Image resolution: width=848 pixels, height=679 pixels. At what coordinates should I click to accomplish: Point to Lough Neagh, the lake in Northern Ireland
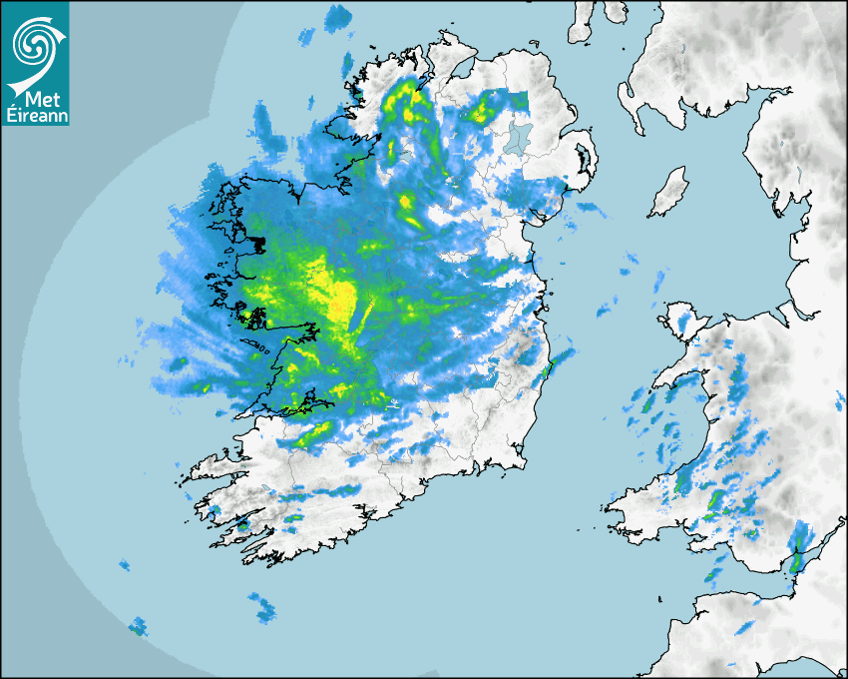click(517, 138)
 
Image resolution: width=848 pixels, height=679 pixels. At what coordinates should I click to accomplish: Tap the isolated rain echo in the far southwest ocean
click(137, 626)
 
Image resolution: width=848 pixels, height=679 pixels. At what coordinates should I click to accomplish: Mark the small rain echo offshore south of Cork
click(263, 604)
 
